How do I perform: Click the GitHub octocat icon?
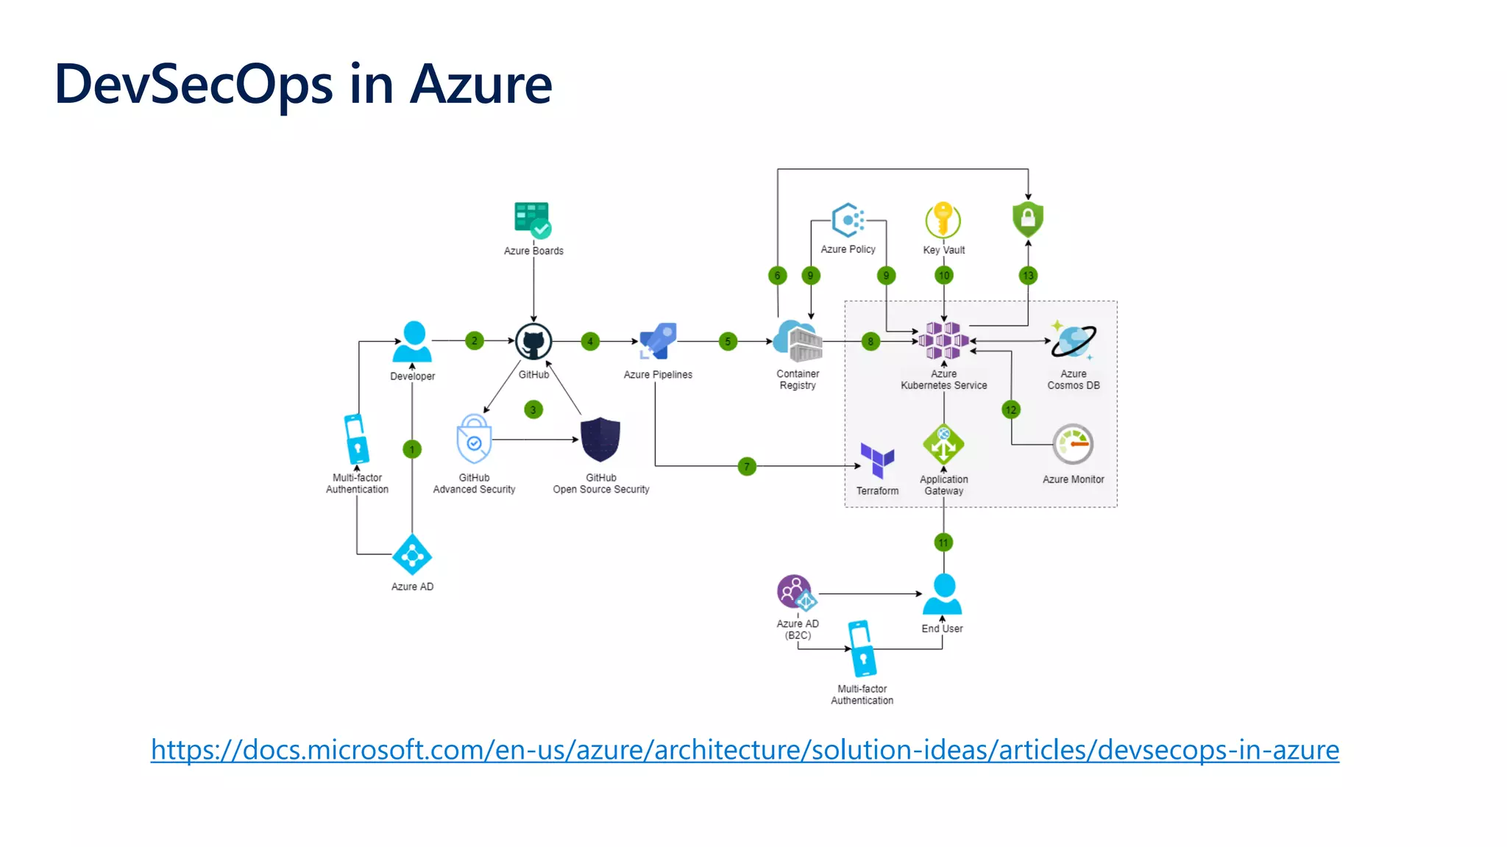(533, 342)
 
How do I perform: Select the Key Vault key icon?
(943, 220)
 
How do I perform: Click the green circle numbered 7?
(747, 466)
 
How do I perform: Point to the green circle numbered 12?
(1011, 410)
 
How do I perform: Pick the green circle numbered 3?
(533, 410)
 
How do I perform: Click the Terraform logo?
(877, 460)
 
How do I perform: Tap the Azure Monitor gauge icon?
(1073, 444)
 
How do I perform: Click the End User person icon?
(943, 594)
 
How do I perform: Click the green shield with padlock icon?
(1028, 219)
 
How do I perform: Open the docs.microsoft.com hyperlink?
(745, 750)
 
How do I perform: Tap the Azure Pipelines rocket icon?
(657, 341)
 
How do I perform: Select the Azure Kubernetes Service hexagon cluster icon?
(943, 340)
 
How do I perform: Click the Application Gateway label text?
(943, 485)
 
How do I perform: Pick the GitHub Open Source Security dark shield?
(600, 440)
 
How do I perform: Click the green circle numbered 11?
(943, 543)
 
